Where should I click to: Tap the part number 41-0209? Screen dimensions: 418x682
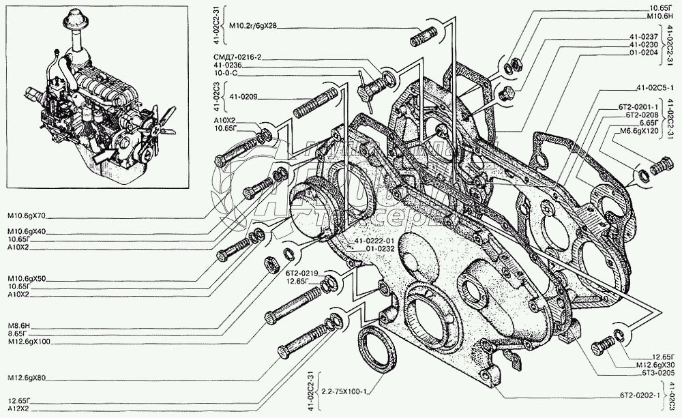point(243,97)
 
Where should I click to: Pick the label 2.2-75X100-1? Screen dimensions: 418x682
point(345,391)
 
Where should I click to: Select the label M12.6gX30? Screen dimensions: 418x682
point(655,365)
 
